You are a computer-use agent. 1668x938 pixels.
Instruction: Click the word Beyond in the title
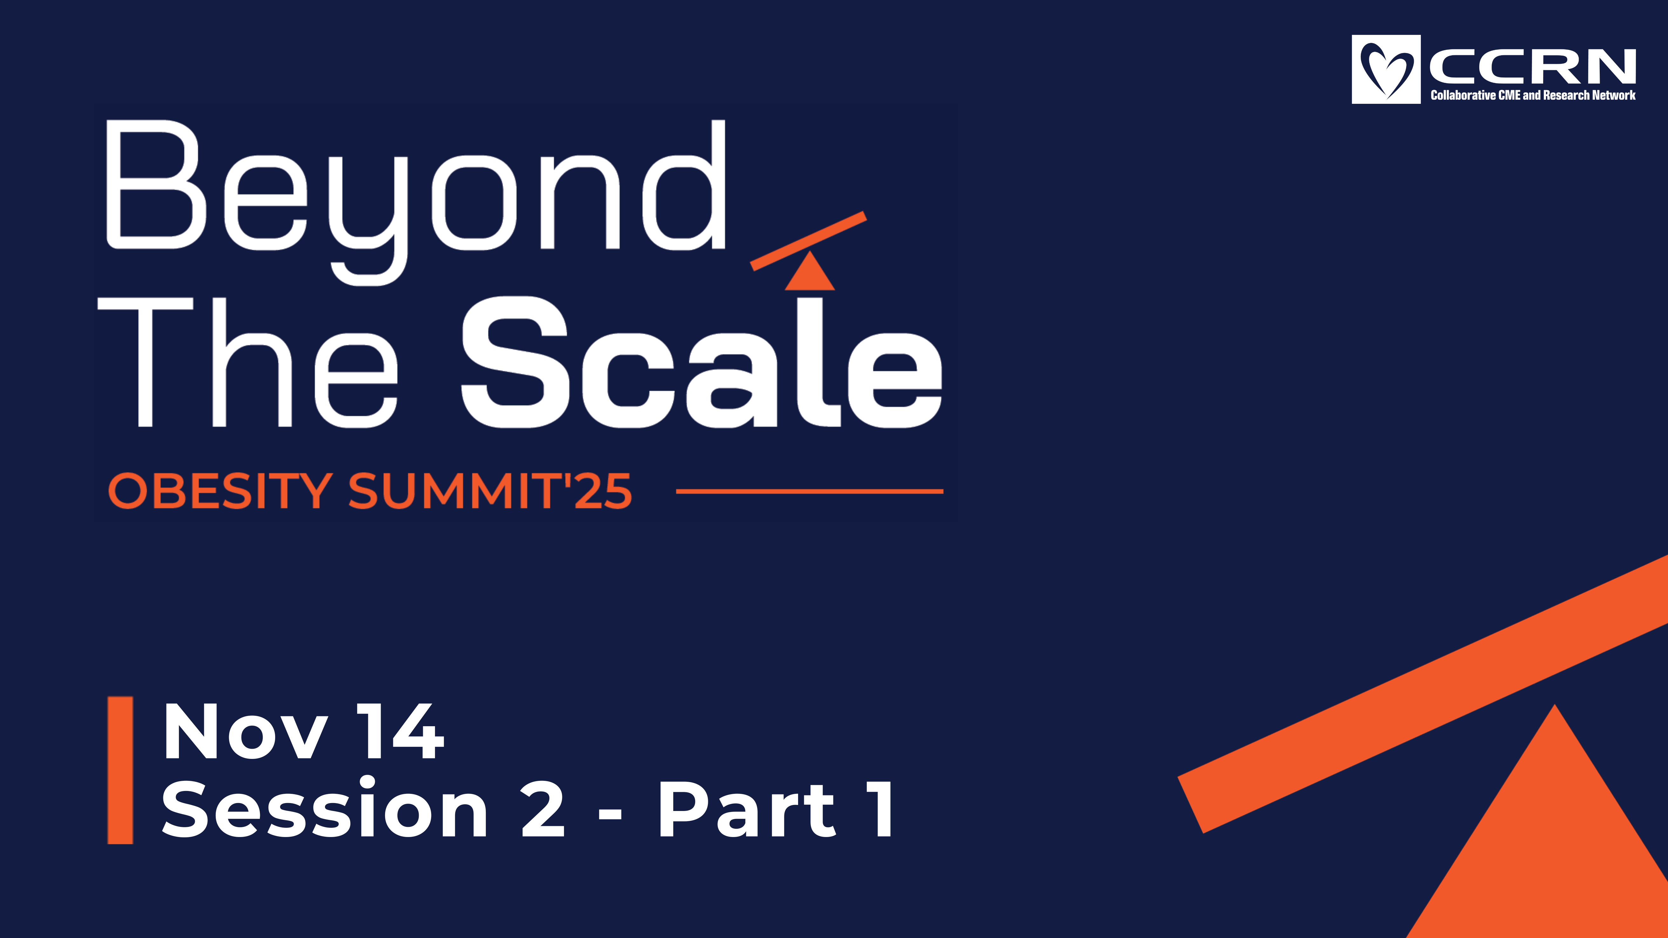click(x=416, y=202)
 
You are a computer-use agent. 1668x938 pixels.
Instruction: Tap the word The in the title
click(x=247, y=363)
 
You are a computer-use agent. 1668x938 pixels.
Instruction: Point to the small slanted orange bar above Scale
click(x=808, y=240)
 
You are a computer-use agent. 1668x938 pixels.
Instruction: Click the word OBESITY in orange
click(x=220, y=491)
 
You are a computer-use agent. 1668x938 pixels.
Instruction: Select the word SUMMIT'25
click(x=490, y=491)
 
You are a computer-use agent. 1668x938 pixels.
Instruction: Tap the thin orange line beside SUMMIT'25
click(x=810, y=491)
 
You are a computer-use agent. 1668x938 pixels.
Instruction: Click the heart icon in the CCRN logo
click(x=1386, y=69)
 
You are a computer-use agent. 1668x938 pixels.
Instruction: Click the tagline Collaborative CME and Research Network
click(x=1533, y=95)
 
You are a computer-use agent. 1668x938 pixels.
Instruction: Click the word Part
click(x=748, y=808)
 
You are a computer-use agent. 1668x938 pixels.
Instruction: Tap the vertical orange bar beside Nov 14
click(x=120, y=770)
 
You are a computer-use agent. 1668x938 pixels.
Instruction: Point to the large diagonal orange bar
click(x=1423, y=694)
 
